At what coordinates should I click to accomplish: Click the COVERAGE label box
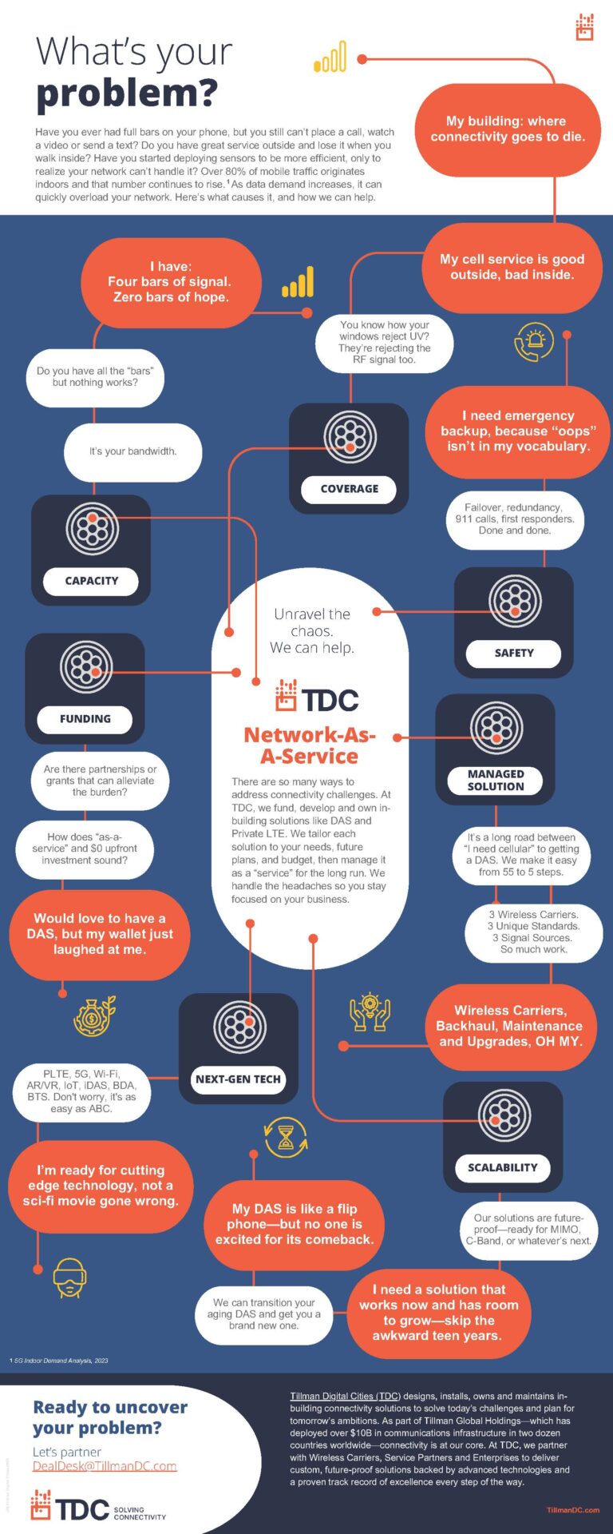coord(349,489)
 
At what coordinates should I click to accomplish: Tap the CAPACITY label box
coord(91,581)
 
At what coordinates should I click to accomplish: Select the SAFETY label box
coord(513,653)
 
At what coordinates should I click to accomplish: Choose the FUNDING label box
coord(85,719)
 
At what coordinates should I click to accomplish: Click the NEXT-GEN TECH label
coord(238,1079)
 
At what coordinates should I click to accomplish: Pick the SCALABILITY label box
coord(502,1167)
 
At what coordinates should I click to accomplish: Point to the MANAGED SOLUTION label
coord(496,781)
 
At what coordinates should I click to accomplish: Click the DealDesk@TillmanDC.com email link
coord(105,1466)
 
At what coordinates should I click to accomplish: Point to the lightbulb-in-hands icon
coord(370,1011)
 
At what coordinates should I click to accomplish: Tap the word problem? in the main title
coord(126,93)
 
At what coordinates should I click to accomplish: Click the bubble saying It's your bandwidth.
coord(132,451)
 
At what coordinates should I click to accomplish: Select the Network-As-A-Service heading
coord(310,745)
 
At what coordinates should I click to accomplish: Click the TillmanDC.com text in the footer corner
coord(572,1510)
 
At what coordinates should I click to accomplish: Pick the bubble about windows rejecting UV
coord(384,342)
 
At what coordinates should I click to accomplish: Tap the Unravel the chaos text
coord(311,630)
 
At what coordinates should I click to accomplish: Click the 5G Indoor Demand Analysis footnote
coord(60,1361)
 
